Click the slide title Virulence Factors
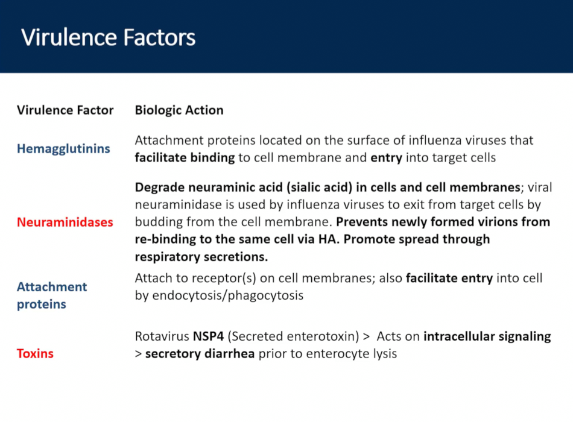point(108,37)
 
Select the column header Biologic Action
point(179,110)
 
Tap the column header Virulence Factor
point(65,110)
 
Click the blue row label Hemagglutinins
point(63,149)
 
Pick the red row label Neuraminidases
point(65,222)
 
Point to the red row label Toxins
point(35,354)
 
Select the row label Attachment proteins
point(52,295)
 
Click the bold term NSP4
point(208,336)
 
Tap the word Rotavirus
point(162,336)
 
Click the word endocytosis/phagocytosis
point(227,295)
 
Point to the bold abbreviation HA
point(328,239)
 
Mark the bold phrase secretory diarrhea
point(200,354)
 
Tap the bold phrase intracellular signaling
point(487,336)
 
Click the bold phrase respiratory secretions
point(201,257)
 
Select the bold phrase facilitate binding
point(185,158)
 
